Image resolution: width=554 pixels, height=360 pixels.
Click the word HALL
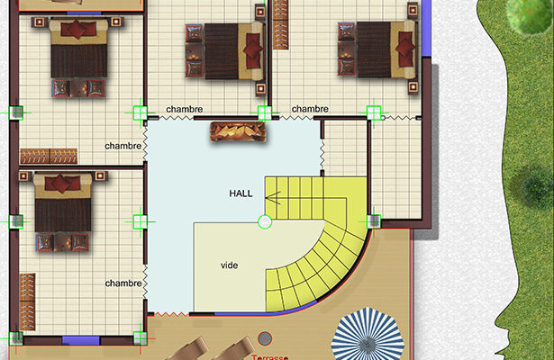point(241,193)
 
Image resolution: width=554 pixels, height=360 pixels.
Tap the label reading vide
point(230,265)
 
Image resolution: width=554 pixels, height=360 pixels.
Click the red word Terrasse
point(270,357)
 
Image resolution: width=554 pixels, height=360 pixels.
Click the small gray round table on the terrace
point(265,338)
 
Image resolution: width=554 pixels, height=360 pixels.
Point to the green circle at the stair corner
point(265,222)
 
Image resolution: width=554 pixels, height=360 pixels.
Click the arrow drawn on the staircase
point(273,198)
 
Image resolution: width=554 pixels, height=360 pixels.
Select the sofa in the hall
point(238,131)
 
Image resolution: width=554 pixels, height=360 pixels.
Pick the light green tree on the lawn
point(529,14)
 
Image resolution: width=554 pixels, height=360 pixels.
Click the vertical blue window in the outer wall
point(426,28)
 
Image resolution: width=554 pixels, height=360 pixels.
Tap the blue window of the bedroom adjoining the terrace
point(80,340)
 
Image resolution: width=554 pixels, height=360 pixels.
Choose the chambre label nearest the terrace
point(123,283)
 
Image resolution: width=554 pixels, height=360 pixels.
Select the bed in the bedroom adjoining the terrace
point(62,211)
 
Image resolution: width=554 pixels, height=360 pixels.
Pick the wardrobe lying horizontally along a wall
point(49,156)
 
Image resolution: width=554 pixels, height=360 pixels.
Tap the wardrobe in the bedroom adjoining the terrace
point(27,301)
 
